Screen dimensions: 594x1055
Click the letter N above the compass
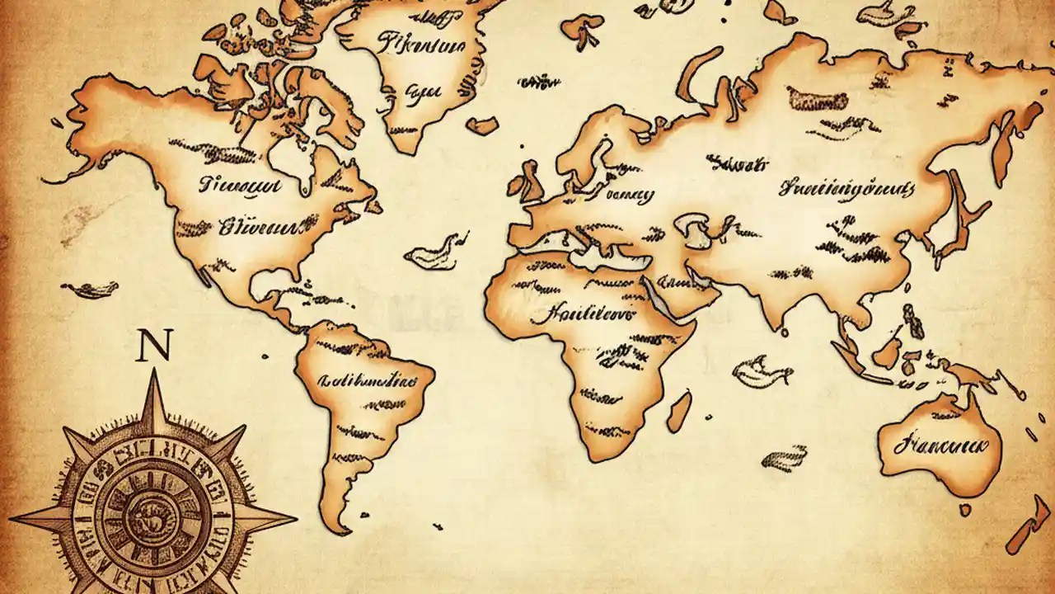(x=154, y=347)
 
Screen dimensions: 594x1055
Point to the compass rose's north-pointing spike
(x=154, y=388)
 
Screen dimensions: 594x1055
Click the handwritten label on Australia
(x=940, y=446)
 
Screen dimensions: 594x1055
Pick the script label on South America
(x=368, y=380)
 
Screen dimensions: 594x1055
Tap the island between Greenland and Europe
(x=482, y=125)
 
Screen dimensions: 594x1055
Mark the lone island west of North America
(x=91, y=289)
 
